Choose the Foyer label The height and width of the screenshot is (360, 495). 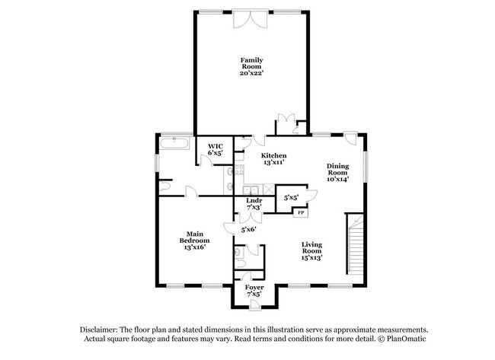(254, 287)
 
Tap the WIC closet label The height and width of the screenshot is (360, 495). (215, 145)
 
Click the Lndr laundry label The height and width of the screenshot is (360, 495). (254, 201)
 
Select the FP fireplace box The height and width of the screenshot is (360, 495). (300, 212)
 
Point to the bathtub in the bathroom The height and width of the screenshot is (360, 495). (176, 142)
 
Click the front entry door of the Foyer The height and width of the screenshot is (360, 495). (254, 304)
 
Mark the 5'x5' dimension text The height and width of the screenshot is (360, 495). (291, 196)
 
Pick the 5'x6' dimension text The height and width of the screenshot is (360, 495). (249, 229)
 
